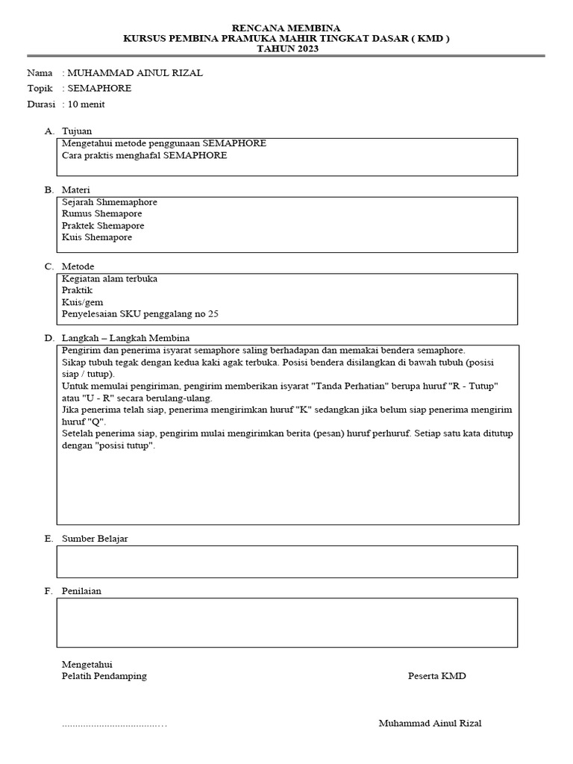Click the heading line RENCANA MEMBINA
[x=286, y=28]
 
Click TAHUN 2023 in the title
[x=286, y=48]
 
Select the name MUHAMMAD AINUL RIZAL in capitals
[x=134, y=73]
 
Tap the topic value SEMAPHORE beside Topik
[x=99, y=88]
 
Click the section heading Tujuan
[x=77, y=131]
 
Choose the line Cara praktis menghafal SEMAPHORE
[x=145, y=155]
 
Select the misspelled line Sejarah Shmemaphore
[x=110, y=202]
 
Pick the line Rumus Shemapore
[x=102, y=213]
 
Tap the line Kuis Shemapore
[x=97, y=237]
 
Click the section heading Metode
[x=78, y=266]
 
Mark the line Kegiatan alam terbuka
[x=110, y=278]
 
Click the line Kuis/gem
[x=83, y=302]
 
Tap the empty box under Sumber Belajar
[x=287, y=562]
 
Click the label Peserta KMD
[x=436, y=676]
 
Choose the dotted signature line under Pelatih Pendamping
[x=114, y=724]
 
